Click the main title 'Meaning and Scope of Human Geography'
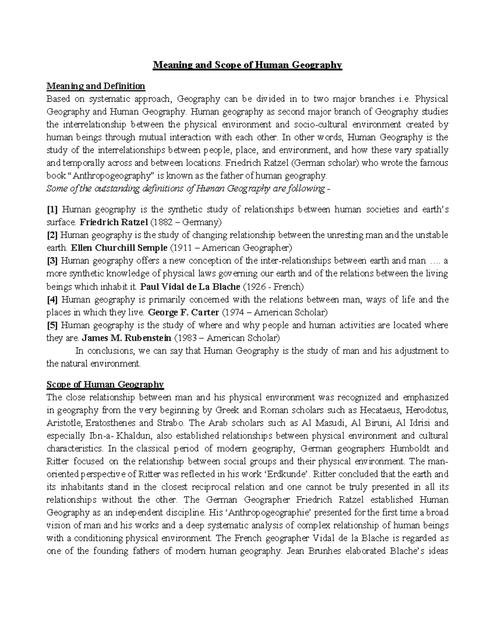click(247, 65)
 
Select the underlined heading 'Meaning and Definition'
click(96, 86)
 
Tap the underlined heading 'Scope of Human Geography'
click(105, 385)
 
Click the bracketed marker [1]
click(52, 210)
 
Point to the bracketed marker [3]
click(52, 261)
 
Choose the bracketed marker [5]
click(52, 325)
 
